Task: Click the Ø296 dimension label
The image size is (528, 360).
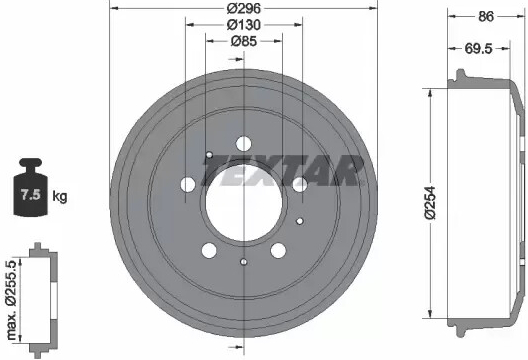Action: click(243, 8)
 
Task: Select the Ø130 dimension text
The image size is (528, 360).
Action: click(244, 25)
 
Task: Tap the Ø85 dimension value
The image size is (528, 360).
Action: click(244, 41)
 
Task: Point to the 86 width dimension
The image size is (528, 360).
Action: click(486, 17)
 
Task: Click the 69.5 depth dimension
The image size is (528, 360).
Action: click(478, 49)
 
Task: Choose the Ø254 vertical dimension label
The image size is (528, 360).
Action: click(430, 202)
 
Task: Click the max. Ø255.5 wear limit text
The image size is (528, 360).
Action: click(12, 300)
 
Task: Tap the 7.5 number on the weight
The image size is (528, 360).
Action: click(31, 195)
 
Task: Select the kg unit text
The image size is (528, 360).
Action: click(60, 196)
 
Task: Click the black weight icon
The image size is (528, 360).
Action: click(31, 187)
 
